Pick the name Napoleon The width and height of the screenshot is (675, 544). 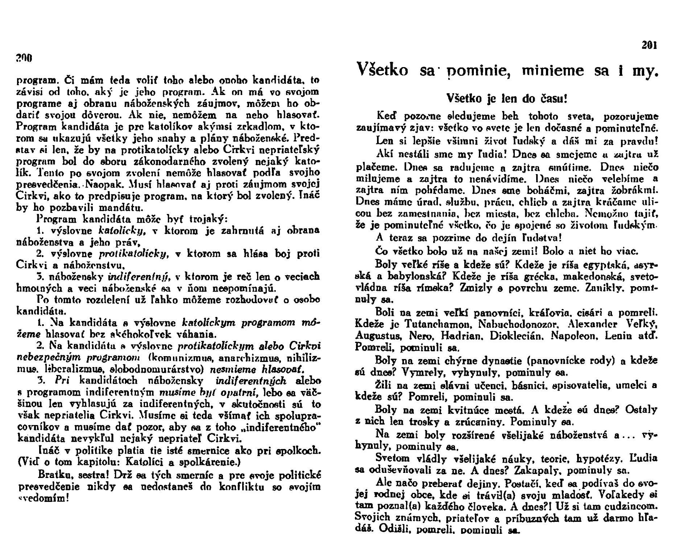573,335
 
